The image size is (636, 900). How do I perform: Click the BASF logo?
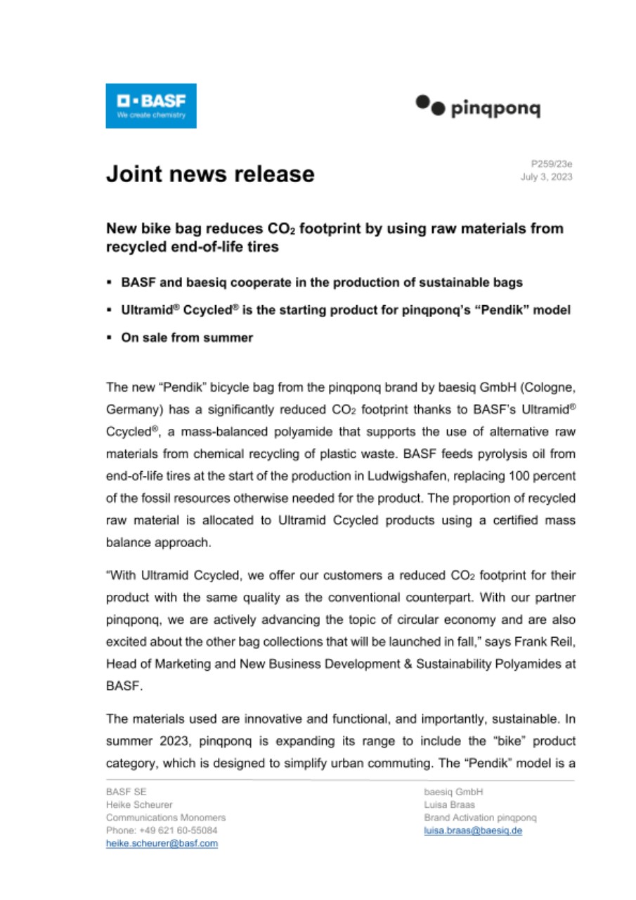[151, 105]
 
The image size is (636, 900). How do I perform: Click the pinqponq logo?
[478, 107]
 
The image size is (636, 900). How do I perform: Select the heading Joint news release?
[210, 173]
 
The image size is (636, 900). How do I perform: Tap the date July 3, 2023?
[546, 177]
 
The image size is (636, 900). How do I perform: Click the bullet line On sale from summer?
[187, 337]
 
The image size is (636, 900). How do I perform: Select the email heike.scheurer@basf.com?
[162, 843]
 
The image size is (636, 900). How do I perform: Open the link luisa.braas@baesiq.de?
[473, 830]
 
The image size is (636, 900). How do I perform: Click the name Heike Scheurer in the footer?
[139, 804]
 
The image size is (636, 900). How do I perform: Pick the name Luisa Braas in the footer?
[450, 804]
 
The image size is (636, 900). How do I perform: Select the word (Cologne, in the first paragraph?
[549, 387]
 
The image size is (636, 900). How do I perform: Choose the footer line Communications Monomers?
[166, 818]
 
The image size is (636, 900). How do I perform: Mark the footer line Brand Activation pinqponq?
[481, 818]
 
